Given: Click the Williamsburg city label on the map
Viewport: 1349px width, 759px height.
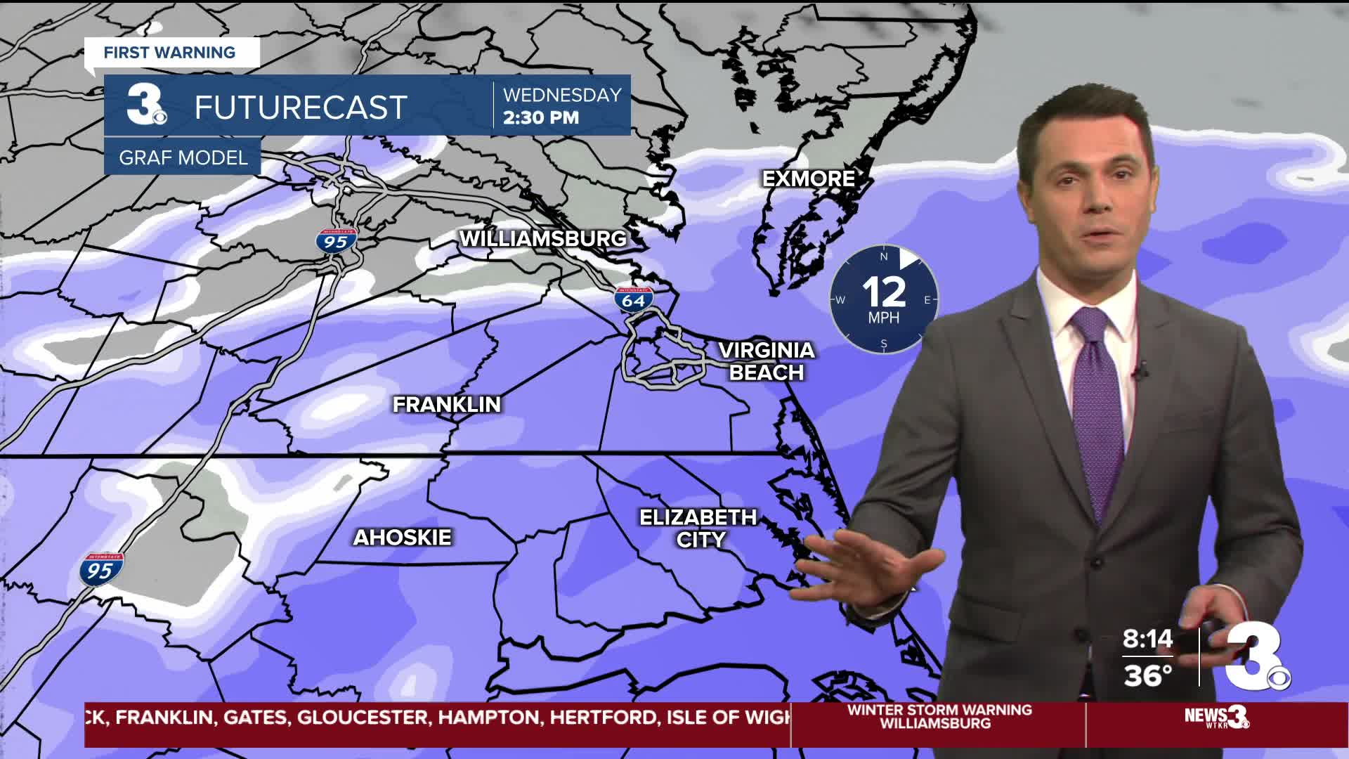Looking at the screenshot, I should [x=542, y=239].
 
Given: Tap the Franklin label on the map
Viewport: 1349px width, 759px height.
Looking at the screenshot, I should [x=446, y=405].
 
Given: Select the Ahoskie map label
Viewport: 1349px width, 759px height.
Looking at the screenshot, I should [x=402, y=538].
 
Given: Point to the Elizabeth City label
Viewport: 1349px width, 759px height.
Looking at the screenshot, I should [x=698, y=528].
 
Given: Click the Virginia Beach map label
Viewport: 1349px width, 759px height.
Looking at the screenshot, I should [x=766, y=361].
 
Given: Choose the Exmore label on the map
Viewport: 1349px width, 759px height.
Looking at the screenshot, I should [x=809, y=179].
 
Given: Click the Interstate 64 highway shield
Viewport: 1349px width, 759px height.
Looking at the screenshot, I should [x=633, y=299].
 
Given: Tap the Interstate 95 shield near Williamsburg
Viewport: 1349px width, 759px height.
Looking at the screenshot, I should [x=336, y=241].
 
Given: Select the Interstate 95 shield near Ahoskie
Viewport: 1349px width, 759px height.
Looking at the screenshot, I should [x=100, y=569].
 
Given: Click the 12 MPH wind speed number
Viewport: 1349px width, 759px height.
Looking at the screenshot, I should [x=883, y=291].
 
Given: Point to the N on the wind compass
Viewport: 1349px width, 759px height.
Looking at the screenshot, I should [x=884, y=257].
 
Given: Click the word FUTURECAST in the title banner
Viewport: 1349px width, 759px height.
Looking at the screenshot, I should [x=301, y=108].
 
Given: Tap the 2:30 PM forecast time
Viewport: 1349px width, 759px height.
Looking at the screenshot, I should [x=541, y=117].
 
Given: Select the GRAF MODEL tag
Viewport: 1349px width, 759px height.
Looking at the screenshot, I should [x=183, y=157].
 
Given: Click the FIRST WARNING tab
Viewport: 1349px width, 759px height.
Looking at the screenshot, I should [x=169, y=53].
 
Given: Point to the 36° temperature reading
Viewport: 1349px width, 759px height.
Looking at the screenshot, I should [x=1147, y=676].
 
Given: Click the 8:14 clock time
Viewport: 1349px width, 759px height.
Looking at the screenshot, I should [x=1147, y=639].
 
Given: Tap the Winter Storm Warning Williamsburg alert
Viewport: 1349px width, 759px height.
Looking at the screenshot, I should [x=939, y=716].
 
